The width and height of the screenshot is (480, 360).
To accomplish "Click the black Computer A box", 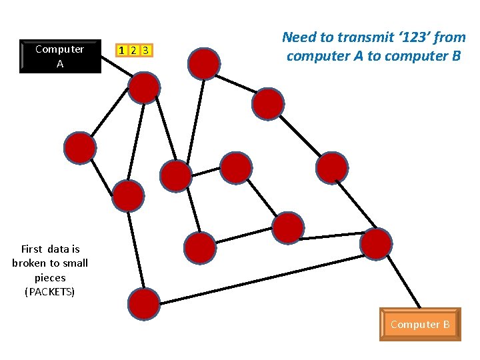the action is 60,56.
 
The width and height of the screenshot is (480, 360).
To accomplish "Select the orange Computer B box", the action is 420,324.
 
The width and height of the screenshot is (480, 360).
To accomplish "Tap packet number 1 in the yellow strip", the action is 121,50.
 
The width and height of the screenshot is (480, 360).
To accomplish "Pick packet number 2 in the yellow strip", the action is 133,50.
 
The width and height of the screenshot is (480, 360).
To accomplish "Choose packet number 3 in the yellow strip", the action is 146,50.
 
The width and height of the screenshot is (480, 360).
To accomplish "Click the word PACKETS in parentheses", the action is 49,292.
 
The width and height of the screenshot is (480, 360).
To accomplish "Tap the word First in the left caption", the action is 33,249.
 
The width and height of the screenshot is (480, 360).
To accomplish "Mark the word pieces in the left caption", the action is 50,277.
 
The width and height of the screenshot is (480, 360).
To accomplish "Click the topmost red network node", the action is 204,63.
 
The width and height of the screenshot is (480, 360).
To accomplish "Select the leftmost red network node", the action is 80,147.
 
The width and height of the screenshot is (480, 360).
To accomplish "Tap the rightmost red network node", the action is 376,243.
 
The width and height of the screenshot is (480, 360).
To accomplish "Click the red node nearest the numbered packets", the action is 143,87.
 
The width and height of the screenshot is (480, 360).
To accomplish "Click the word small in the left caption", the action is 75,263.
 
